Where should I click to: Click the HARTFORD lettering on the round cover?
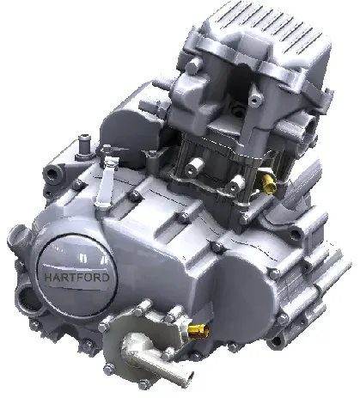point(77,277)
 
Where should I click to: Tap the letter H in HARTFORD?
point(48,278)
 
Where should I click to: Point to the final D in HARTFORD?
point(106,277)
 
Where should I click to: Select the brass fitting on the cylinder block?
point(269,184)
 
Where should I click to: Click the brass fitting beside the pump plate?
point(198,331)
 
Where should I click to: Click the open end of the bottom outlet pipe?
point(186,378)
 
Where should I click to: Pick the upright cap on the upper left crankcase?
point(84,146)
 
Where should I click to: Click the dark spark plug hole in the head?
point(238,109)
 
